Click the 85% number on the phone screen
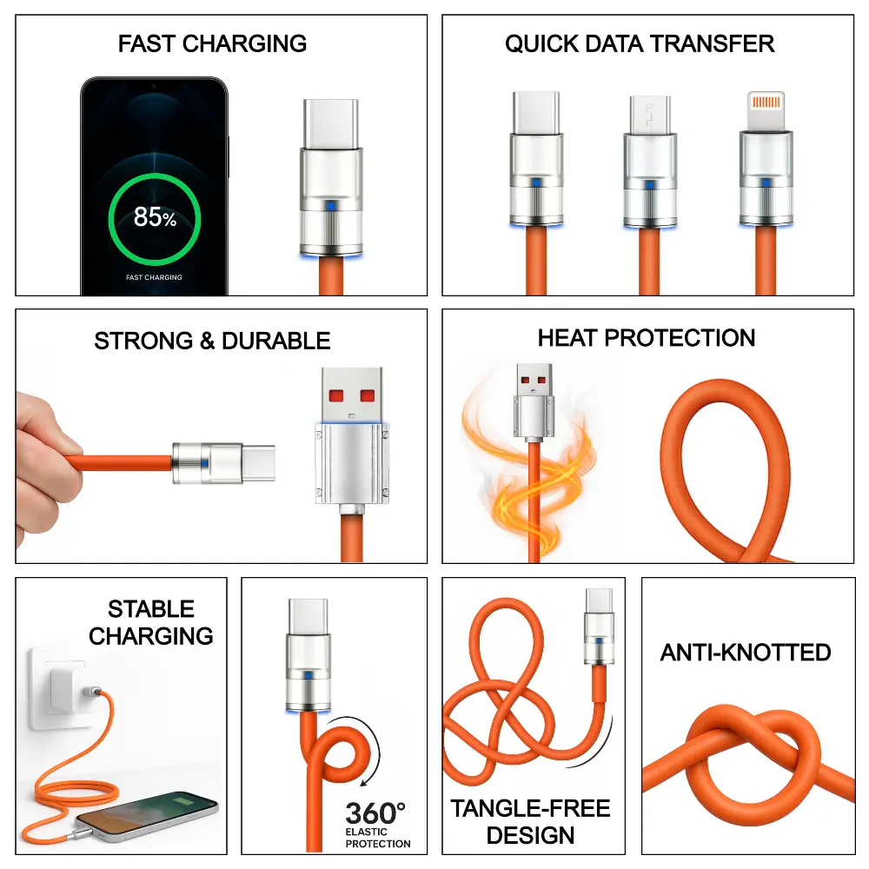click(x=155, y=217)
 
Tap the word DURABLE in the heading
click(x=276, y=341)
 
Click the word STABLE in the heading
click(x=151, y=609)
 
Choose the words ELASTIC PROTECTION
click(x=378, y=838)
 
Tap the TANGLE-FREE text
click(x=530, y=808)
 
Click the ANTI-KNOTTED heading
click(x=746, y=653)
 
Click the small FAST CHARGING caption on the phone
click(x=154, y=277)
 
